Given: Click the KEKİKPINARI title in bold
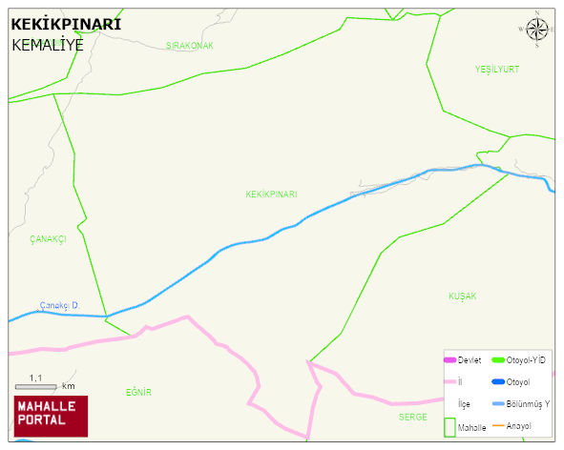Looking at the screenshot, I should point(66,25).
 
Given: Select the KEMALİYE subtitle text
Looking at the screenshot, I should point(48,44).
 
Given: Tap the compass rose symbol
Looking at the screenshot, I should point(537,31).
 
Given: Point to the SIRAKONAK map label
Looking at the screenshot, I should point(189,46).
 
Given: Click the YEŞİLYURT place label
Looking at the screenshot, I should point(497,70).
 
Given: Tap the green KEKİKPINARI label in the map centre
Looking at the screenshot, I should point(271,194).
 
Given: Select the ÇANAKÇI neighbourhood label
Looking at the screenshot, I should point(48,239).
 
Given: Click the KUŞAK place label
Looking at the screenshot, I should point(462,297).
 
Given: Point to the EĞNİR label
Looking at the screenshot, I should point(138,392).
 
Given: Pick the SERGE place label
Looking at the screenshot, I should point(413,417).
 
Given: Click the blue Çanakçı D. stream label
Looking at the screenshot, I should point(59,305).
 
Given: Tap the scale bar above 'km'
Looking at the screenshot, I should point(35,387).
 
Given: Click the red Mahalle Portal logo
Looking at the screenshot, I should point(51,416).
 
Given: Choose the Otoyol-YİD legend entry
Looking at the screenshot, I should point(526,359).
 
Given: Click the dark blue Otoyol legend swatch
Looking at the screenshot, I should point(497,382).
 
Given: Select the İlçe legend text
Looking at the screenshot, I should point(464,404).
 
